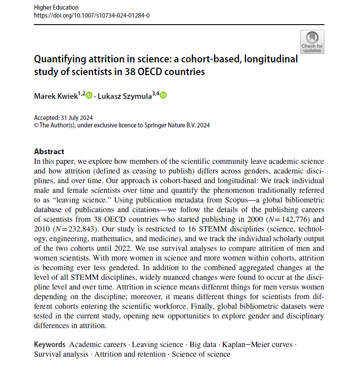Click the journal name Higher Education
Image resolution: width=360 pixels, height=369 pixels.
click(56, 7)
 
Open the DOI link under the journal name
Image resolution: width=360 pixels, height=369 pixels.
click(92, 15)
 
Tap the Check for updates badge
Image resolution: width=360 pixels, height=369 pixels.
click(312, 42)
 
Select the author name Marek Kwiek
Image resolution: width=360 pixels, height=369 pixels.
click(55, 96)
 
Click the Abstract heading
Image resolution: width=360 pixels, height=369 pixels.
click(49, 152)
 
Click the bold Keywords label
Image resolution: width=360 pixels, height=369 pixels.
click(50, 344)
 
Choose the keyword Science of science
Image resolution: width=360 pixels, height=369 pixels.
click(201, 354)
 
